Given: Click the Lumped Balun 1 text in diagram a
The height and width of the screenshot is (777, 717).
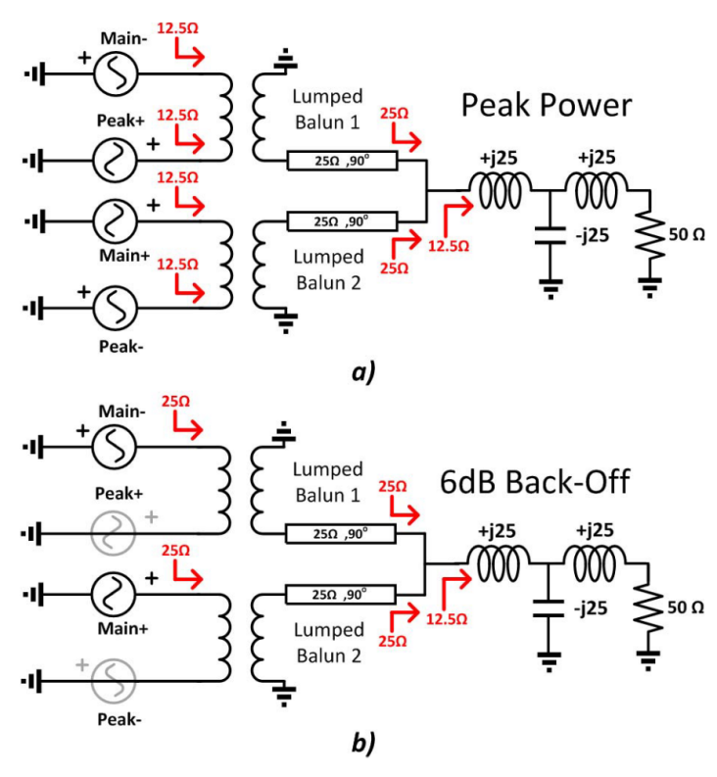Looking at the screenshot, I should coord(326,109).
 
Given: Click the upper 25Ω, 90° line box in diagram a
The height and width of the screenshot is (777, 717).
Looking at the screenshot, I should coord(339,159).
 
